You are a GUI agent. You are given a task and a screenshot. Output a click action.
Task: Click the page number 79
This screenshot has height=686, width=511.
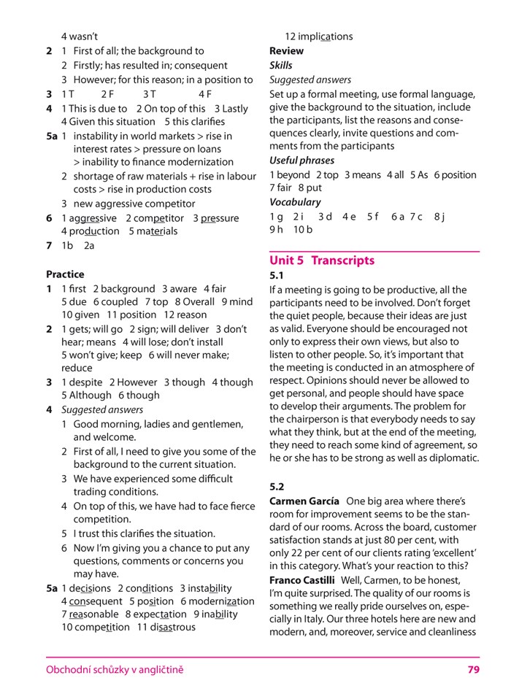tap(473, 669)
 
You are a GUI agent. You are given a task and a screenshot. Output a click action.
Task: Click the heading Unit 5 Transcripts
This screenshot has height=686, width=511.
tap(322, 261)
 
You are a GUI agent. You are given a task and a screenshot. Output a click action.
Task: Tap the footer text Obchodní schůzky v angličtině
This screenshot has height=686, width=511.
tap(115, 669)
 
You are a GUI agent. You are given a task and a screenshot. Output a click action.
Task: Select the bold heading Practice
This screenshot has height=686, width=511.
tap(65, 274)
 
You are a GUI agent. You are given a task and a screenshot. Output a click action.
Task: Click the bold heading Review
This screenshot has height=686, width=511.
tap(287, 51)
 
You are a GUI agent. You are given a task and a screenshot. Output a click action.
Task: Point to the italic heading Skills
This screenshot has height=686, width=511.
tap(281, 66)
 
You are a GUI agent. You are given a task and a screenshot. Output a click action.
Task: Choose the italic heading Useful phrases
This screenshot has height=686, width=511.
tap(301, 161)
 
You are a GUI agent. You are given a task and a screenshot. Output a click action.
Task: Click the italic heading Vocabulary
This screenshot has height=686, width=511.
tap(295, 202)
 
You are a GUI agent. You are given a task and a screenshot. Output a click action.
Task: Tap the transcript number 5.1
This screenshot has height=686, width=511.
tap(277, 276)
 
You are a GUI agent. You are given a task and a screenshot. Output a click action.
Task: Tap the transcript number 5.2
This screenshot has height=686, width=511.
tap(277, 486)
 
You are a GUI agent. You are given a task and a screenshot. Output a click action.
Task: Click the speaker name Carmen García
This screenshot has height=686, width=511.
tap(304, 501)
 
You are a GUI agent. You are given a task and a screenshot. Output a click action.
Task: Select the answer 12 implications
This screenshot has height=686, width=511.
tap(318, 36)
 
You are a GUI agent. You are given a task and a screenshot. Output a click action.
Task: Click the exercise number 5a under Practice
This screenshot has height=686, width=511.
tap(52, 588)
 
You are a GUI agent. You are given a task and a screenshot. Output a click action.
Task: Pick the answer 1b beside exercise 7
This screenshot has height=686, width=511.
tap(67, 246)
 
